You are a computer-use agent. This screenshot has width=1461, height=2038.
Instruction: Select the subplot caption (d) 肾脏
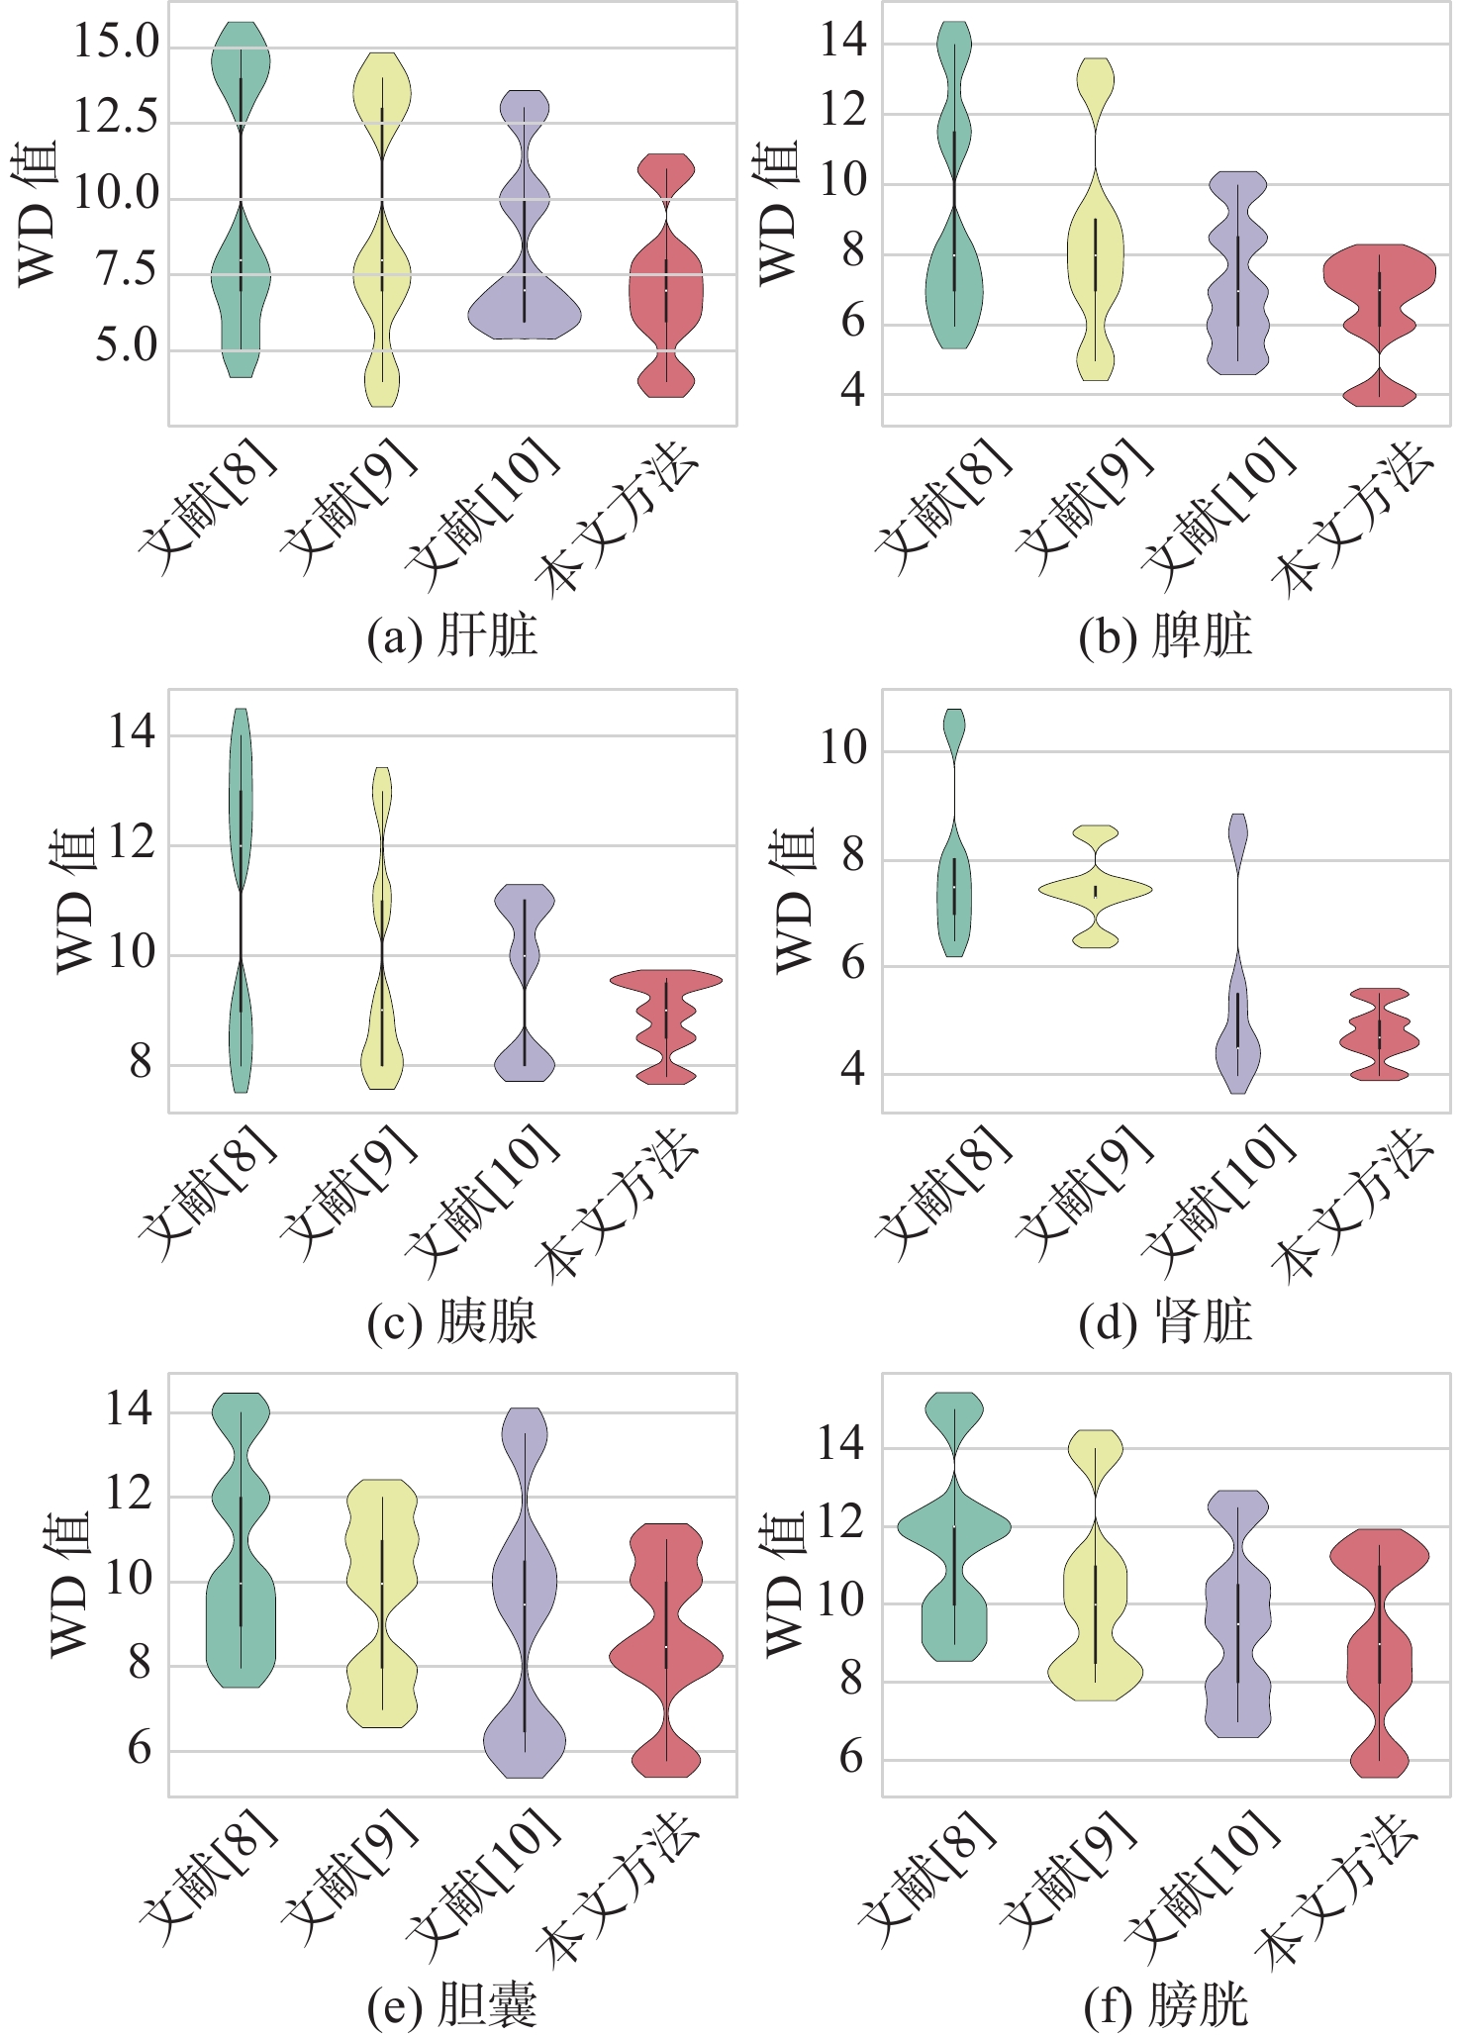point(1165,1322)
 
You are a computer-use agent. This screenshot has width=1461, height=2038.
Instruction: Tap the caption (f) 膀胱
point(1165,2006)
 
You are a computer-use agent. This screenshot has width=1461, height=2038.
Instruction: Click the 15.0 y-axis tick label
point(116,43)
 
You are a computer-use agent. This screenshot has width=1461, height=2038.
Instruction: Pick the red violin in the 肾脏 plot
point(1379,1034)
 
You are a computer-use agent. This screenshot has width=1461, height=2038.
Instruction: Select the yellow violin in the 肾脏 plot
point(1096,888)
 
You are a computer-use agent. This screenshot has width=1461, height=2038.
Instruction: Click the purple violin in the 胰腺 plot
point(525,980)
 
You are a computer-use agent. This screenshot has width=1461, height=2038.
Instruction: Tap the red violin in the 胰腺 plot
point(666,1024)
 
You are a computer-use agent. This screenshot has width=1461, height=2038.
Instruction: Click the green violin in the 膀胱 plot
point(954,1554)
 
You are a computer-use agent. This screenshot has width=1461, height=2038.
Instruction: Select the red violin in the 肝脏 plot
point(666,287)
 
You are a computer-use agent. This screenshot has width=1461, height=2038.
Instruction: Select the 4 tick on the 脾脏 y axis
point(852,392)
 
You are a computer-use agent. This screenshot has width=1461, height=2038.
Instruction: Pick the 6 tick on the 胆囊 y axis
point(140,1750)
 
